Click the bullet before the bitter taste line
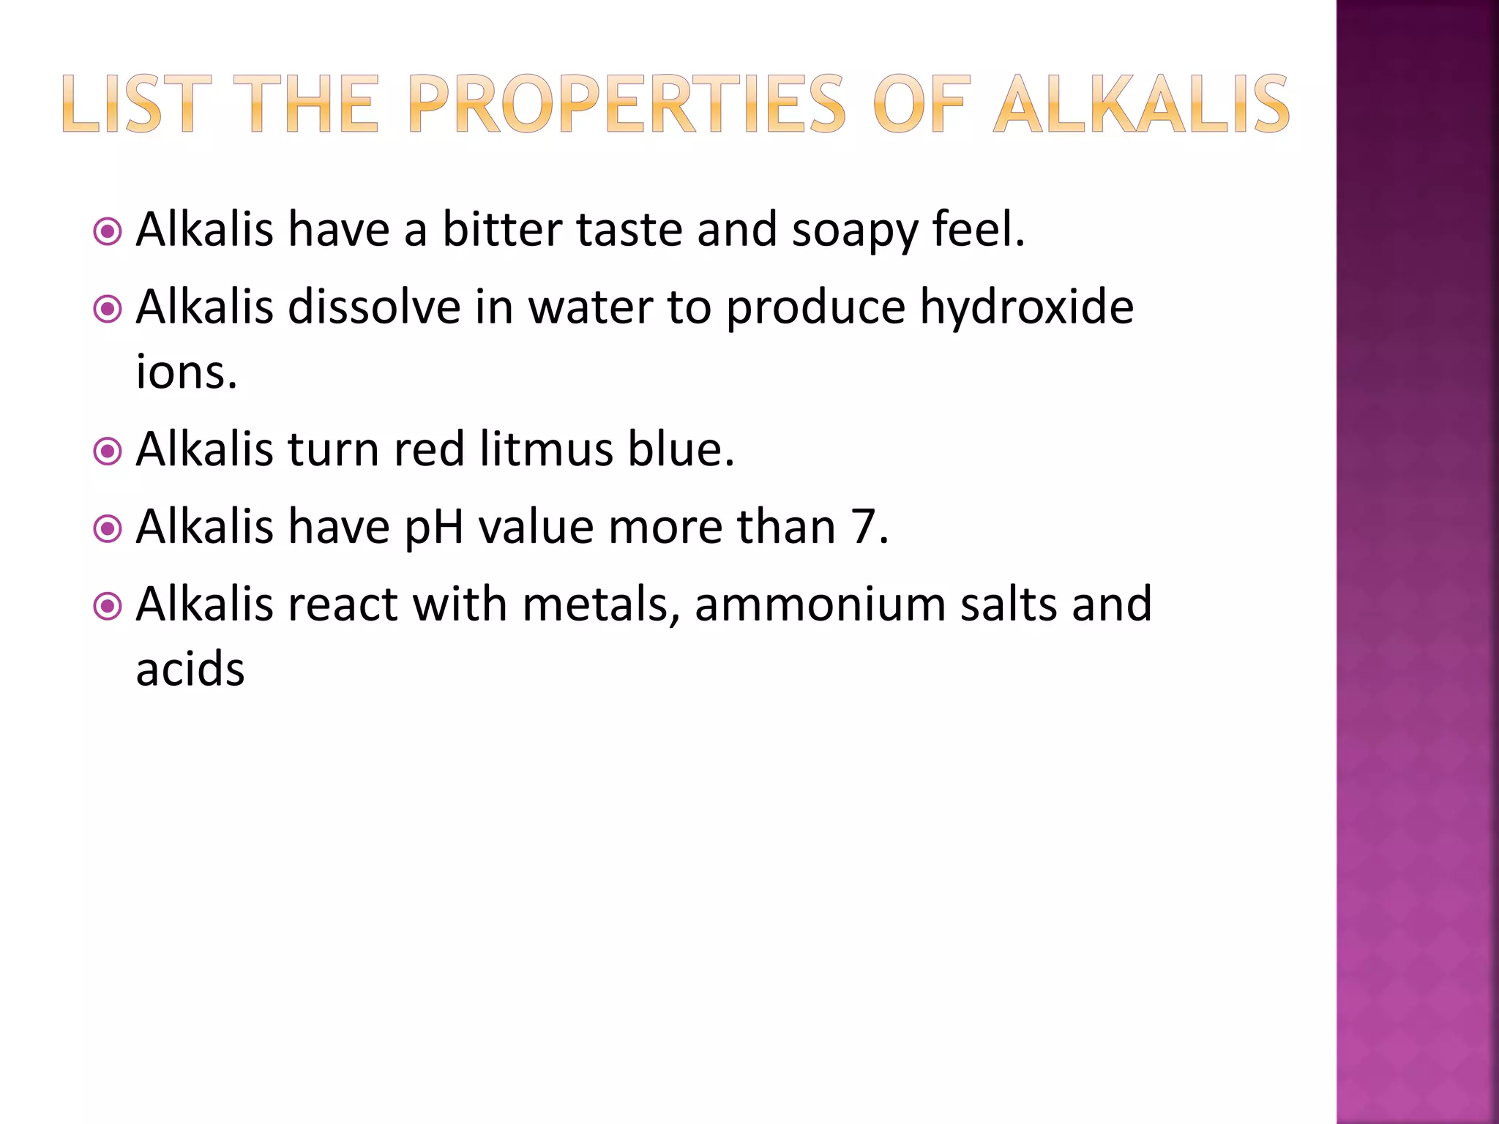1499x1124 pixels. click(108, 233)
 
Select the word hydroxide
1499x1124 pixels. click(1026, 307)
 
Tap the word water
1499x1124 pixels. click(590, 307)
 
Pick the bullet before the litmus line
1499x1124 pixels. click(108, 452)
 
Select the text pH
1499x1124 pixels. click(433, 527)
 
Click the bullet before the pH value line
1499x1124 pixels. click(108, 529)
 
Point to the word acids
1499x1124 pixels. click(190, 670)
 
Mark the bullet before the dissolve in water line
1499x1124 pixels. click(108, 310)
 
